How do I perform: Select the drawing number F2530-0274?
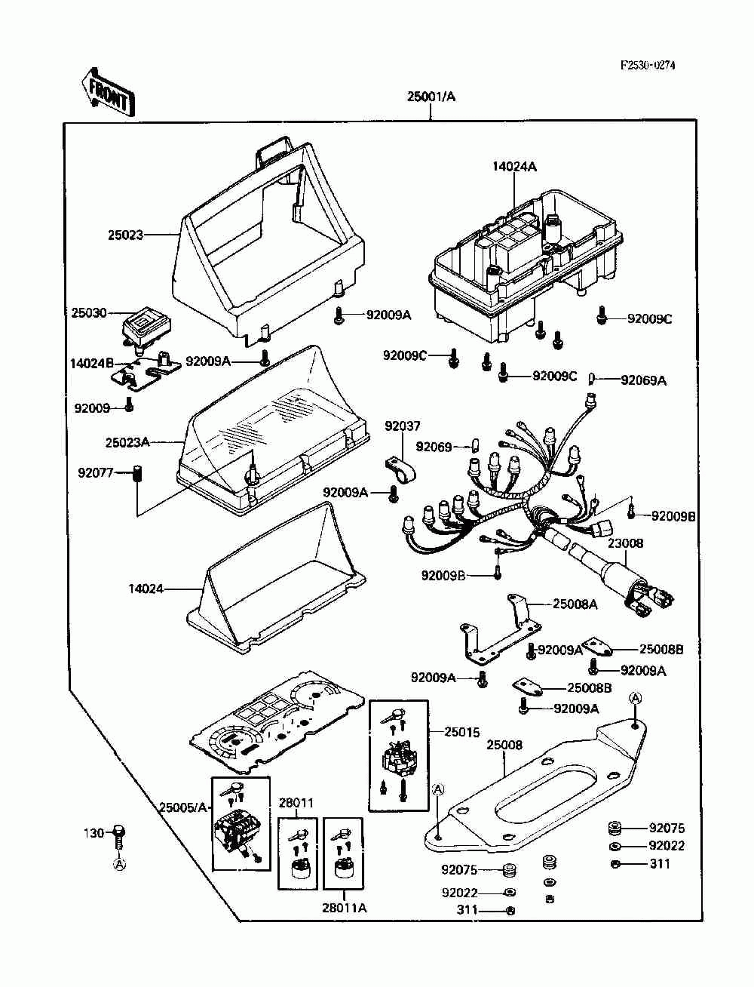point(648,65)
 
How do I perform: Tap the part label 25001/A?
point(431,97)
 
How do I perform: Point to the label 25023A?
point(127,442)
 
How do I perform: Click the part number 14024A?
point(514,166)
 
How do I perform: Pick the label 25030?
point(89,312)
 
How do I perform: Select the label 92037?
point(402,426)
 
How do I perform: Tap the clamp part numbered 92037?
point(400,469)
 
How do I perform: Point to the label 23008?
point(626,543)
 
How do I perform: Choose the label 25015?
point(462,732)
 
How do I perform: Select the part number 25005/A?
point(183,807)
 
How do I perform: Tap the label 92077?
point(96,472)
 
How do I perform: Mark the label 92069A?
point(643,380)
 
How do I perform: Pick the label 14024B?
point(92,363)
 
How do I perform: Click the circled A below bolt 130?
point(120,864)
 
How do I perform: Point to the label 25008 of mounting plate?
point(504,745)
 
